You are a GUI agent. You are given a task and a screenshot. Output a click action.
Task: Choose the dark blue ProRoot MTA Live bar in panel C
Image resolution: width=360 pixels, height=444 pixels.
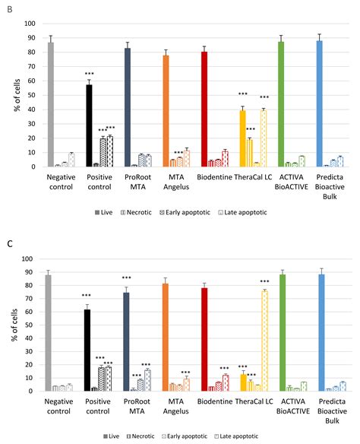pyautogui.click(x=127, y=341)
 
